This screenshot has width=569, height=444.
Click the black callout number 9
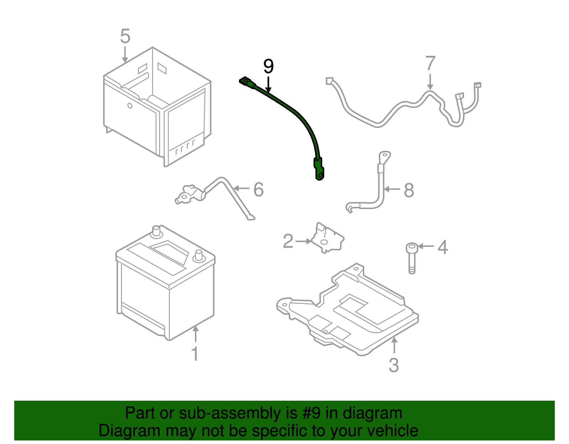click(x=268, y=66)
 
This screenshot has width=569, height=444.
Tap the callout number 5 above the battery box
click(x=125, y=36)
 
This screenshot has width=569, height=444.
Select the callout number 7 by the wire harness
click(x=430, y=64)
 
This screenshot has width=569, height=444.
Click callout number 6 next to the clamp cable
click(x=259, y=189)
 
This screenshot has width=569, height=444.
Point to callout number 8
click(x=409, y=191)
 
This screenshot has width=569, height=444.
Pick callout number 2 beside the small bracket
click(x=288, y=241)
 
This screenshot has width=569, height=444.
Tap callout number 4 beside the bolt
click(x=442, y=247)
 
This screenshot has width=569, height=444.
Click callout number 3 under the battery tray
click(x=394, y=365)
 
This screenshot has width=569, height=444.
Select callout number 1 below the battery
click(x=195, y=354)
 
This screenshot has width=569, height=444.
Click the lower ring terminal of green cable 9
click(x=320, y=174)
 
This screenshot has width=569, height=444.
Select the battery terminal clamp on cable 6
click(x=186, y=195)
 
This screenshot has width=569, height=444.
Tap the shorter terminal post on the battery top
click(x=198, y=255)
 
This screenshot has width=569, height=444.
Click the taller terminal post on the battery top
click(x=156, y=231)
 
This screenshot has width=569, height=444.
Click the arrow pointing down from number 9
click(x=268, y=85)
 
